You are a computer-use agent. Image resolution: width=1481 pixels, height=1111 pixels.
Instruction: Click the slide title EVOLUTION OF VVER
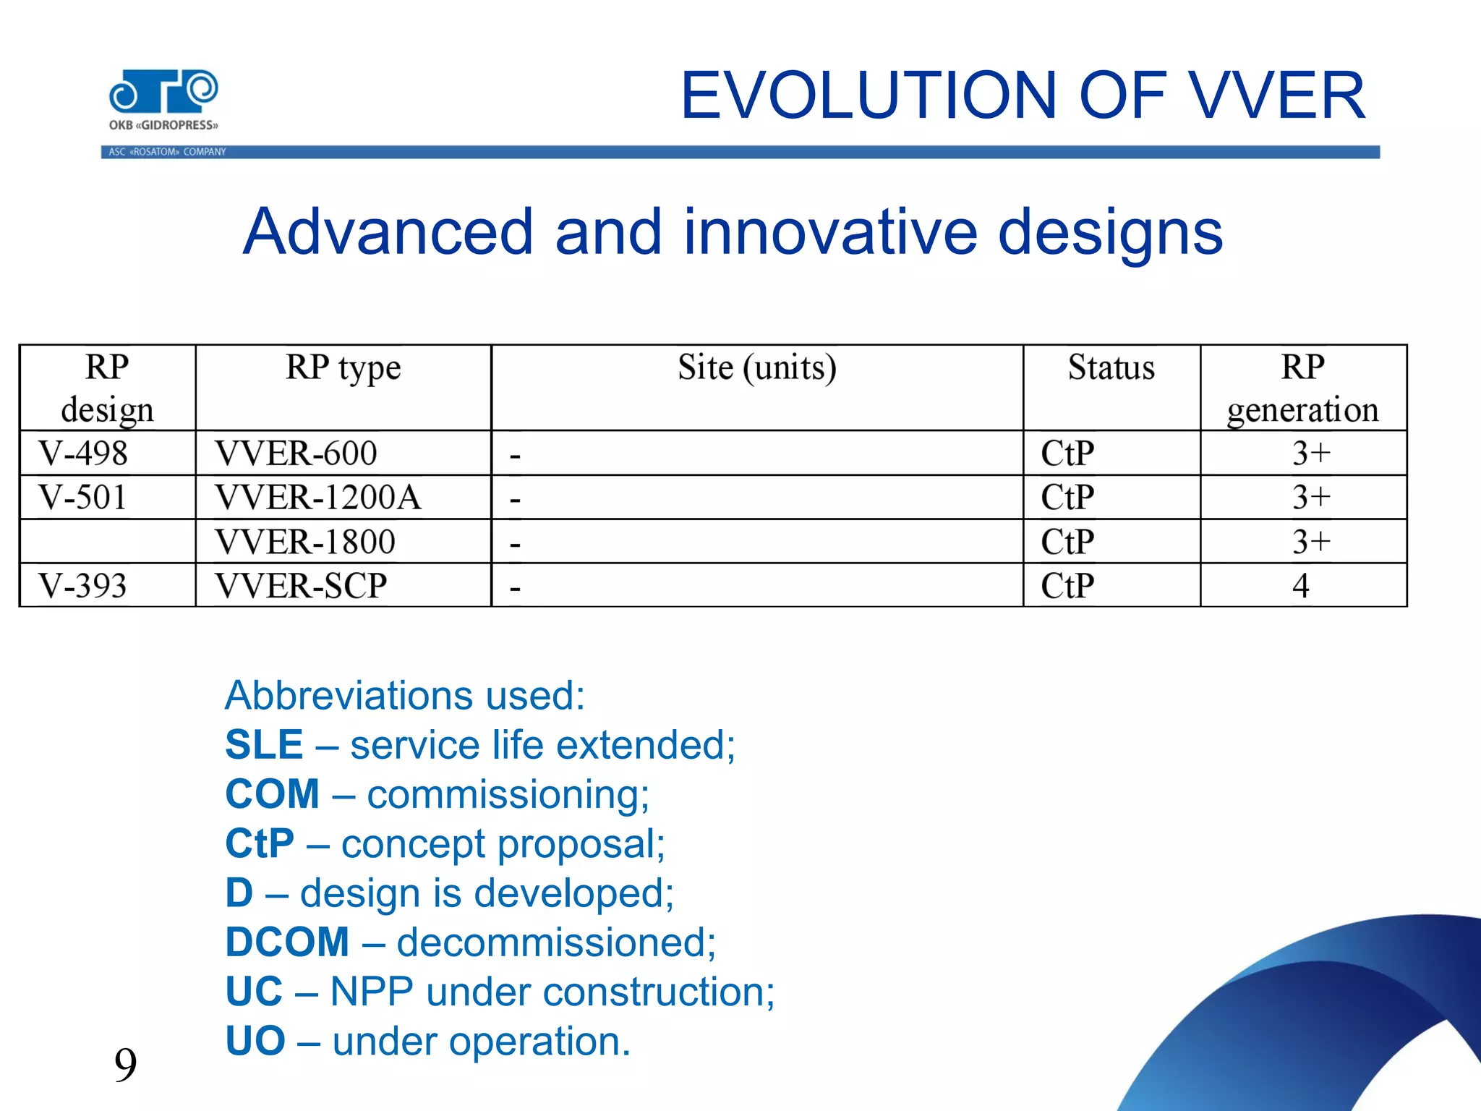[x=1022, y=95]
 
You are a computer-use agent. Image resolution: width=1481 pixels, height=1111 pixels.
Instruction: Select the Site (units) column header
[x=756, y=367]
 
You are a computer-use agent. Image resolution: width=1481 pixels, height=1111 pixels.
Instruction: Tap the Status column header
[x=1111, y=367]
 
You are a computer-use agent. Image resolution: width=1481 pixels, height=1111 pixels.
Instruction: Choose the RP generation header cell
[x=1302, y=388]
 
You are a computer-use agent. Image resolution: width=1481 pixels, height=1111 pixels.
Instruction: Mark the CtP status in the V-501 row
[x=1067, y=498]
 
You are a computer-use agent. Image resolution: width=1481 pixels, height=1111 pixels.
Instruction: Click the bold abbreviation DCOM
[x=287, y=942]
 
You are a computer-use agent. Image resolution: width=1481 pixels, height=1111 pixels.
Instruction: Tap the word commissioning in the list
[x=508, y=794]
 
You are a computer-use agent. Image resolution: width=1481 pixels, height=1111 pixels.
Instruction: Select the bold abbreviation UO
[x=255, y=1041]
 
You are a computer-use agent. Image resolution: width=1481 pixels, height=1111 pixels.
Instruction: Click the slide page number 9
[x=125, y=1065]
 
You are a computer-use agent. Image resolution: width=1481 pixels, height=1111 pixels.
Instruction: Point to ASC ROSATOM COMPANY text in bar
[x=167, y=152]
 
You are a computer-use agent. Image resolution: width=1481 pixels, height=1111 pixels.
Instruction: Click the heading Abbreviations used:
[x=404, y=695]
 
